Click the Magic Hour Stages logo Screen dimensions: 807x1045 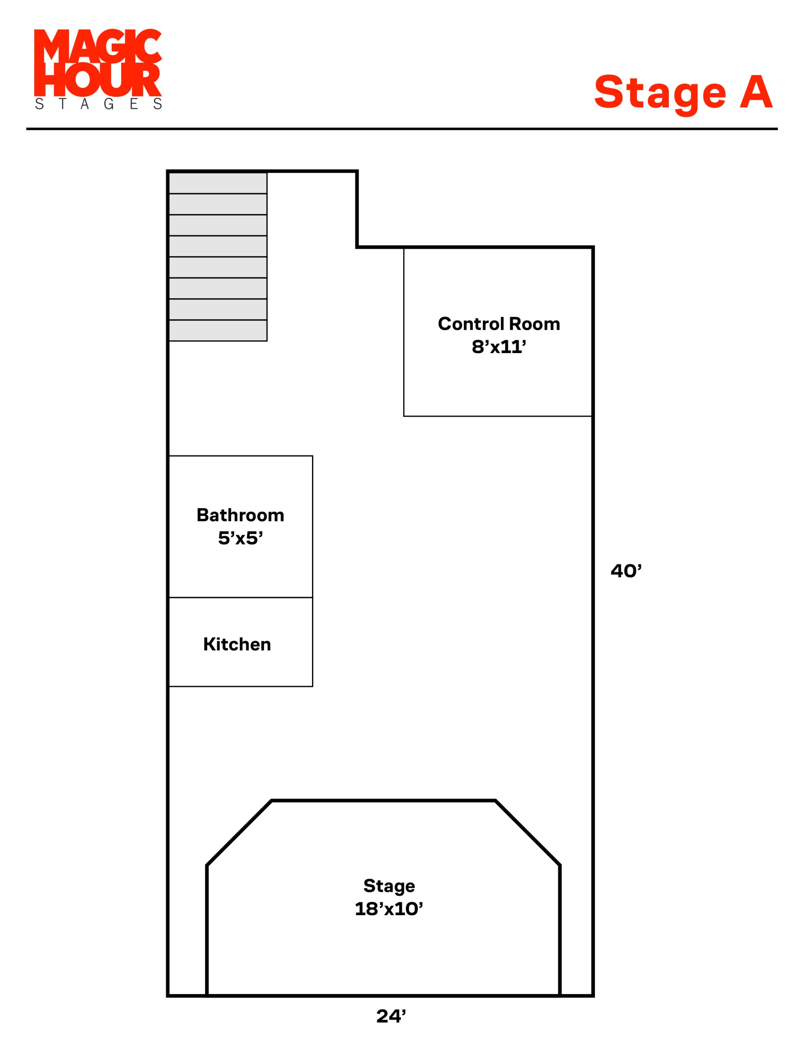98,69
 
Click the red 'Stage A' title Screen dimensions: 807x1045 683,93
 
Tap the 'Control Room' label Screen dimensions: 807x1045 499,324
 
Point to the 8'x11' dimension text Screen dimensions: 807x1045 499,347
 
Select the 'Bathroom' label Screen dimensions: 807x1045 240,515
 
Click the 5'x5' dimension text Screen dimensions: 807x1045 240,538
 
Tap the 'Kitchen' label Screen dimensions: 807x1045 237,645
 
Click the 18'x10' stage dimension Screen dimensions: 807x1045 389,909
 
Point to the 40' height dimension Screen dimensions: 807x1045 626,571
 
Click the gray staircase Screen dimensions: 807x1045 217,256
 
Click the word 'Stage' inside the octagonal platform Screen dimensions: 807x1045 389,886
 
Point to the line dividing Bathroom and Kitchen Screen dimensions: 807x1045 241,597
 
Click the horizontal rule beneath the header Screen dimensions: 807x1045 402,129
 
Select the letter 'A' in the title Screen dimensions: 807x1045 756,91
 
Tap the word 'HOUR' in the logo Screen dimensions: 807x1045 98,80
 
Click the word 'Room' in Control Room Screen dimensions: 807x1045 534,324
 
